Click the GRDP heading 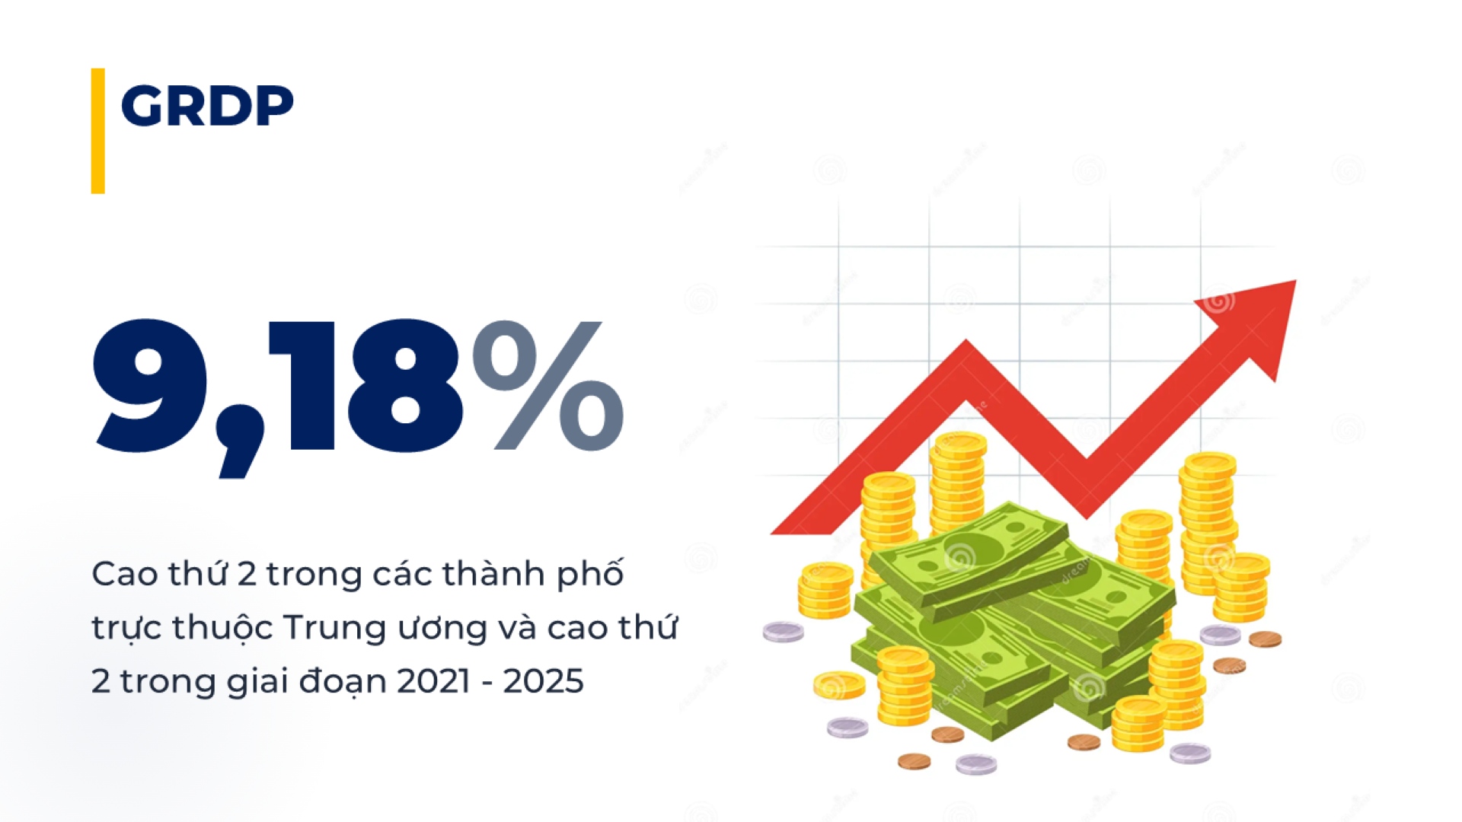pyautogui.click(x=207, y=105)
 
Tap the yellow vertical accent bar pyautogui.click(x=97, y=131)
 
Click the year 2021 pyautogui.click(x=433, y=681)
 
